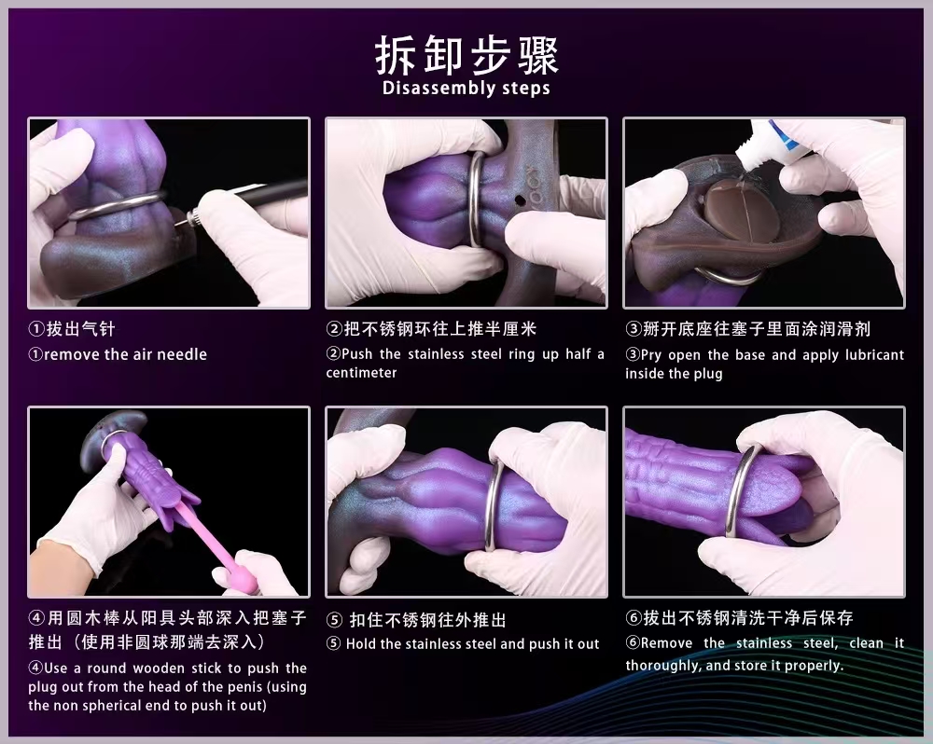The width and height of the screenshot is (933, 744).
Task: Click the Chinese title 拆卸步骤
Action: tap(466, 55)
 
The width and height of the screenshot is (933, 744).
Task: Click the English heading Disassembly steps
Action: tap(466, 88)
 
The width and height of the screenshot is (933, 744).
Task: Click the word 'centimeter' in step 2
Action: tap(361, 373)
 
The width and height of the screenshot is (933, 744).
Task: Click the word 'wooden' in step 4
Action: tap(158, 668)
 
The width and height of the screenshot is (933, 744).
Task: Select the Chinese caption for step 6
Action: tap(739, 618)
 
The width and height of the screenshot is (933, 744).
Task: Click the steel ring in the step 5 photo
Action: tap(494, 505)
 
